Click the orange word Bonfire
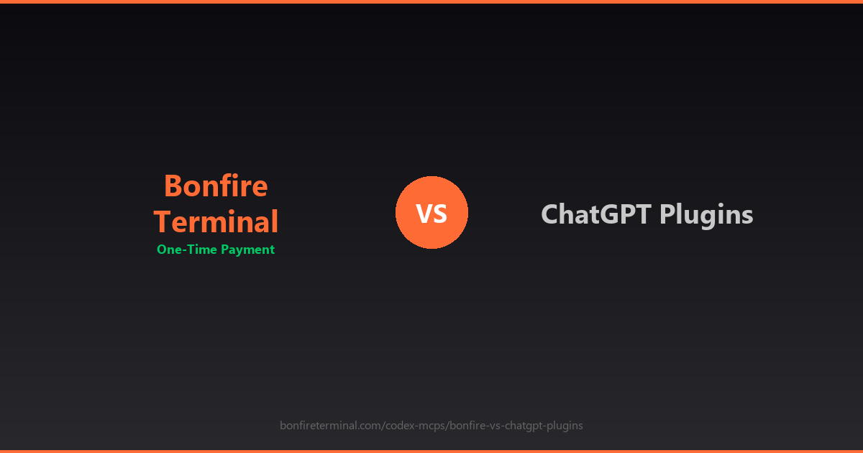click(216, 186)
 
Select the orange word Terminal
click(216, 221)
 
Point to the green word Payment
click(247, 250)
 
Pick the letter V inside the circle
click(424, 214)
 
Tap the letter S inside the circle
click(440, 214)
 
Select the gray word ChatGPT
click(596, 214)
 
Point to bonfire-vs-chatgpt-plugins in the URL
click(516, 426)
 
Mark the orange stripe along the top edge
click(431, 1)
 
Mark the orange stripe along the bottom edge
click(431, 451)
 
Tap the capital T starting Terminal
click(163, 221)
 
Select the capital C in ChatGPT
click(550, 214)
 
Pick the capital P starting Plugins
click(668, 214)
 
